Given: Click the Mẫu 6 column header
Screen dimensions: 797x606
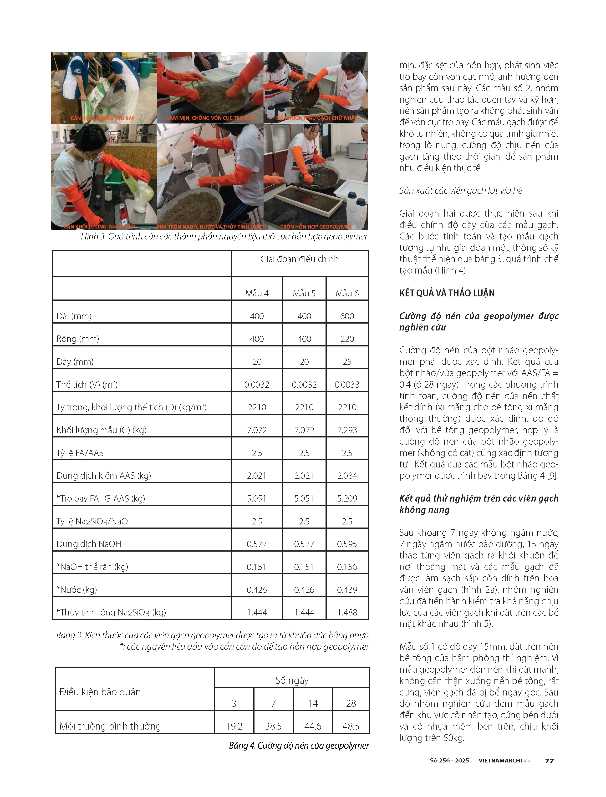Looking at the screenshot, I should click(347, 293).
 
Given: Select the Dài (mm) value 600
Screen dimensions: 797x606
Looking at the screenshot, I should click(347, 316).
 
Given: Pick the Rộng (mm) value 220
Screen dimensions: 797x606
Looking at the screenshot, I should click(347, 339).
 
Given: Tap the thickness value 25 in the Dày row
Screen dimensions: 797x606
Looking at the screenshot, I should click(347, 362).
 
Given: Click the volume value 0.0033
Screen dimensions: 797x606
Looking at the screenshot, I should click(347, 384).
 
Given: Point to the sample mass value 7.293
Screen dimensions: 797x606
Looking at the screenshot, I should click(347, 430).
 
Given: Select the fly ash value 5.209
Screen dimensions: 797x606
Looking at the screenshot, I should click(347, 498).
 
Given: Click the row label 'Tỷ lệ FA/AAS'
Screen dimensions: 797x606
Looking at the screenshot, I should click(80, 453).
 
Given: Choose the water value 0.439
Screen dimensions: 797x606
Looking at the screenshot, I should click(347, 590).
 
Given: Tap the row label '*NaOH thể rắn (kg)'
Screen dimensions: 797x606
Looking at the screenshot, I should click(92, 567).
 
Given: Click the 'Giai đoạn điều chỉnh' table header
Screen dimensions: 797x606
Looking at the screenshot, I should click(299, 259).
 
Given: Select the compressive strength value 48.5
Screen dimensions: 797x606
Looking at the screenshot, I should click(351, 726).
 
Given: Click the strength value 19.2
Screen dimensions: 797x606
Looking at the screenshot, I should click(234, 726).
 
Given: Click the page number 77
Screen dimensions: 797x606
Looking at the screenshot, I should click(549, 761).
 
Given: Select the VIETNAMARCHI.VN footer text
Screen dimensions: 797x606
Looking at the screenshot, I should click(504, 761).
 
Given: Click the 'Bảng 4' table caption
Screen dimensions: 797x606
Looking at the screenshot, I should click(299, 746).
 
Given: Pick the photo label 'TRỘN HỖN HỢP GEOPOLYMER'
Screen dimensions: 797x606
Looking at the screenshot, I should click(316, 227).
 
